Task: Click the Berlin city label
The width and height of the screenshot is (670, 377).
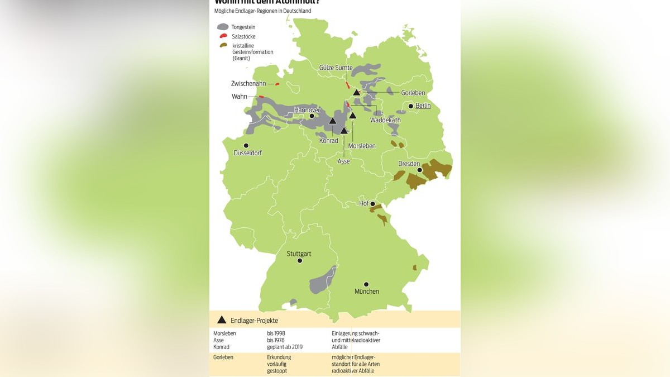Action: click(x=423, y=106)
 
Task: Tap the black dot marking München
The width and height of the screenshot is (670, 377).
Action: click(x=366, y=284)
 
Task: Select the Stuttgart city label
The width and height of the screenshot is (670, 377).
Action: click(x=299, y=254)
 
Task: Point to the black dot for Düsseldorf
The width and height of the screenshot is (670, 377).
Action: click(x=246, y=145)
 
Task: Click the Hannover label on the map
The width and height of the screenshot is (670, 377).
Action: click(x=307, y=110)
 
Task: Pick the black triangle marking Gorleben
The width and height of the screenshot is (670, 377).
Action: click(x=356, y=92)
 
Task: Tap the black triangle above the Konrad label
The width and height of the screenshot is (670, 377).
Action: click(x=332, y=121)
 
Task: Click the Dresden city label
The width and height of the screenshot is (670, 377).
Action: click(x=409, y=164)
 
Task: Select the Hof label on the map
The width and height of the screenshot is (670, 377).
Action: click(x=363, y=204)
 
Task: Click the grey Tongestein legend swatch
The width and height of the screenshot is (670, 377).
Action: click(x=223, y=27)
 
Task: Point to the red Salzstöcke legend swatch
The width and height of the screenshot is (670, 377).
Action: click(x=222, y=36)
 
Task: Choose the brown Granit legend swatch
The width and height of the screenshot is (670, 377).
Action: click(x=223, y=46)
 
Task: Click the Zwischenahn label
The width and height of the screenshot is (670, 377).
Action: click(x=248, y=84)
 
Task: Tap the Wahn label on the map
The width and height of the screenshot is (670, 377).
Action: click(x=239, y=97)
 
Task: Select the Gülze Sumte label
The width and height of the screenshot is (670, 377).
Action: click(x=336, y=68)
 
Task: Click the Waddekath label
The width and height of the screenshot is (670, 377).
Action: click(x=385, y=120)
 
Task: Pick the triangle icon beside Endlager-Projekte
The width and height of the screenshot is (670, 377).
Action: click(x=222, y=320)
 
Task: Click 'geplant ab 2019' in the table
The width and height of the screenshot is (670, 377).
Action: click(x=285, y=347)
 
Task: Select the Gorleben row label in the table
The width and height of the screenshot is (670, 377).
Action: click(x=223, y=357)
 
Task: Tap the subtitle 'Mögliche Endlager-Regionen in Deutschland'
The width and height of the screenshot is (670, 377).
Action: click(x=263, y=11)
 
